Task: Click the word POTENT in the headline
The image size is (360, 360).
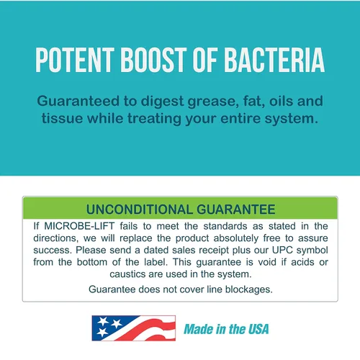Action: [75, 60]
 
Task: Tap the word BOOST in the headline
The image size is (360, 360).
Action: [153, 60]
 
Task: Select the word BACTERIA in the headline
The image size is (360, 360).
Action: [274, 60]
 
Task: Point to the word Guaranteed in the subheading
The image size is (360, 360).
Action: [78, 101]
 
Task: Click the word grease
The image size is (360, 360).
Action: [213, 102]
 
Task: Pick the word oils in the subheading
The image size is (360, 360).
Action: [281, 101]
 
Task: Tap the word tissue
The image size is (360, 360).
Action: [62, 118]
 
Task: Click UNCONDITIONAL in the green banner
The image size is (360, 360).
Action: [140, 210]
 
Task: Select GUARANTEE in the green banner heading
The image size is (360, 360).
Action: [236, 210]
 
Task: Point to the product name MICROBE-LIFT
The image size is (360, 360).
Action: [79, 226]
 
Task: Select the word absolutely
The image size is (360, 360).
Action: [236, 238]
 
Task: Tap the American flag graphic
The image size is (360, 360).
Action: [134, 328]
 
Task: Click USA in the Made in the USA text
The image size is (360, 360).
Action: [258, 329]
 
